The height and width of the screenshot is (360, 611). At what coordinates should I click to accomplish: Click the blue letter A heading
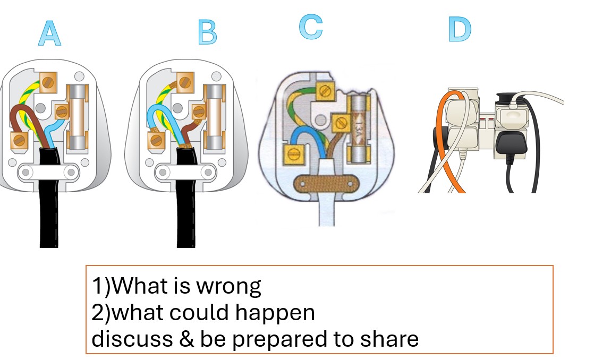(49, 33)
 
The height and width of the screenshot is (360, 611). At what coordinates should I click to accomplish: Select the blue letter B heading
(207, 33)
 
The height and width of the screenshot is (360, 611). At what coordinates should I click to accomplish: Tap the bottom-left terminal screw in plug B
(156, 140)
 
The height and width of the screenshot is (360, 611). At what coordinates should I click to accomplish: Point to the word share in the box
(387, 339)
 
